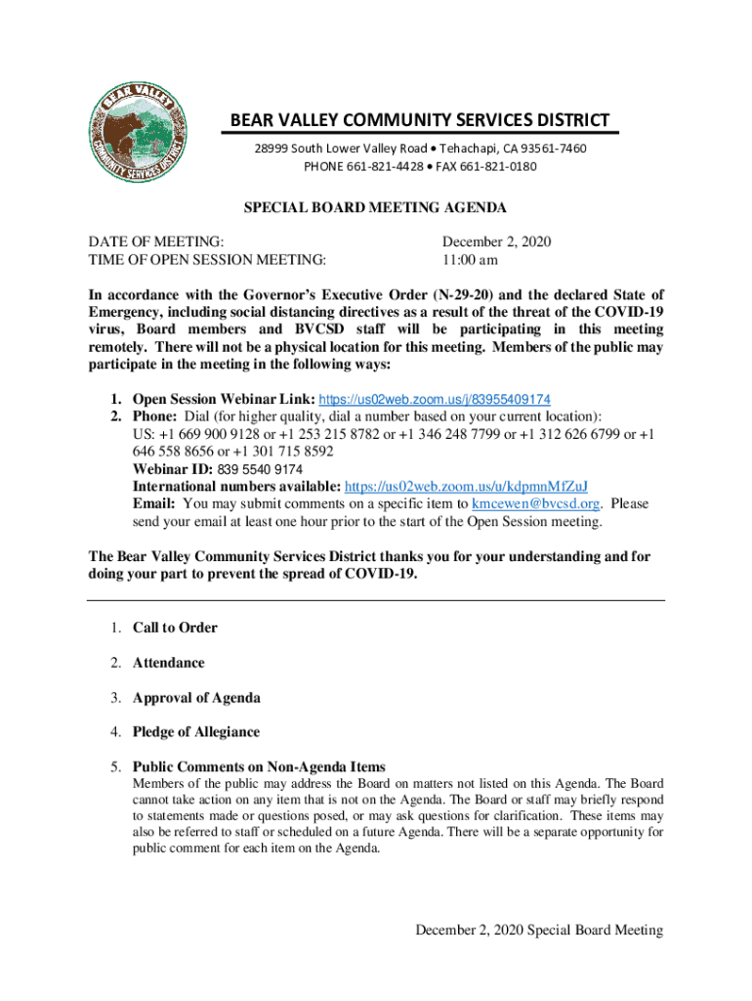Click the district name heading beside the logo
pyautogui.click(x=420, y=121)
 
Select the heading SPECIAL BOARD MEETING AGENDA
pyautogui.click(x=375, y=208)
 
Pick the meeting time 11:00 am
pyautogui.click(x=470, y=259)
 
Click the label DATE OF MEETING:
pyautogui.click(x=156, y=241)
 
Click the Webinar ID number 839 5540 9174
pyautogui.click(x=260, y=469)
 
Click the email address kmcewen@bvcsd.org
pyautogui.click(x=535, y=504)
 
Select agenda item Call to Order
pyautogui.click(x=175, y=628)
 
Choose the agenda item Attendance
pyautogui.click(x=169, y=663)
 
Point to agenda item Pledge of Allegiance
pyautogui.click(x=196, y=732)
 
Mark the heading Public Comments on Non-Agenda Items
pyautogui.click(x=259, y=767)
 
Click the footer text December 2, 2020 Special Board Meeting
pyautogui.click(x=539, y=931)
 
